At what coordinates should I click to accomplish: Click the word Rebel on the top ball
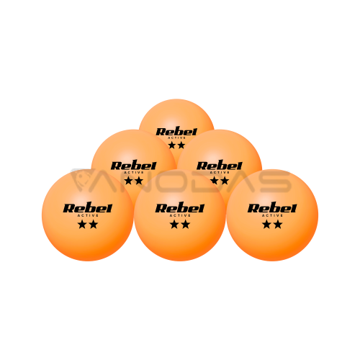[176, 132]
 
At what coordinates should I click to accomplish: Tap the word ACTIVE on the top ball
[176, 138]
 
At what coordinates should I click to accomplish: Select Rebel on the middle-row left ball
[133, 166]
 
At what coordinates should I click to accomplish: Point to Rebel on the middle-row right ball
[220, 166]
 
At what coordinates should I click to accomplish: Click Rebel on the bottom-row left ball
[88, 208]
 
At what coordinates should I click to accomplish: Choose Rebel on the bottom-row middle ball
[180, 208]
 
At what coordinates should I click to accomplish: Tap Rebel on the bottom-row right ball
[272, 208]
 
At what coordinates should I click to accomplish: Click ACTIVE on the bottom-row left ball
[88, 215]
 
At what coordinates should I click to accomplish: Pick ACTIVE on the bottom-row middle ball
[180, 215]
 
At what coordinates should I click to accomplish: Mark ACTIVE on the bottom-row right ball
[272, 215]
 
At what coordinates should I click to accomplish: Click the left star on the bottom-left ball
[82, 225]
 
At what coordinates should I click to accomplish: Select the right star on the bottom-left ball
[93, 225]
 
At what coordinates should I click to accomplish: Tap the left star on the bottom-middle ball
[174, 225]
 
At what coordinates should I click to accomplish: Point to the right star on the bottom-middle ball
[185, 225]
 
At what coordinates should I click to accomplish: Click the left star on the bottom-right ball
[266, 225]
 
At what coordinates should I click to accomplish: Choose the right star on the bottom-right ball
[278, 225]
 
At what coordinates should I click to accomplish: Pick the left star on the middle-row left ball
[128, 181]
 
